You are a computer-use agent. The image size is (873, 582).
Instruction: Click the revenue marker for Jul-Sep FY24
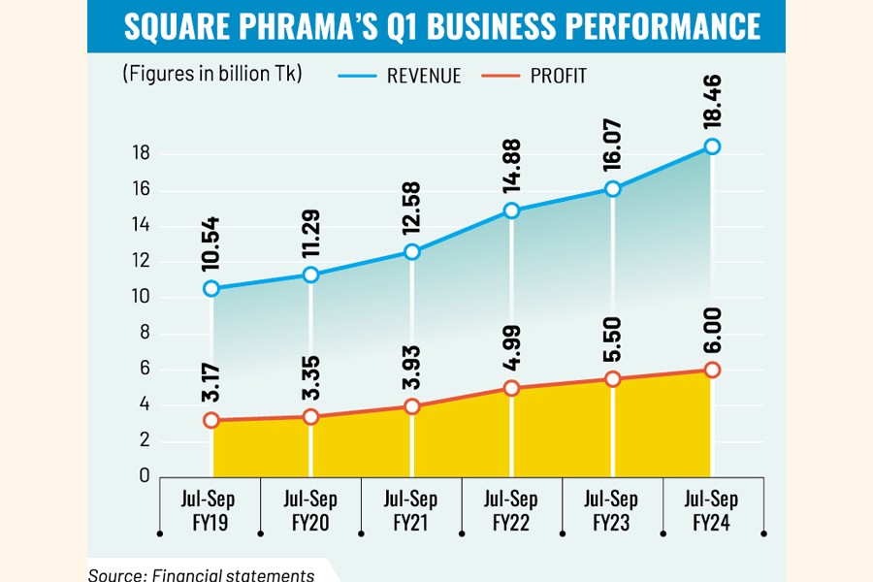tap(712, 146)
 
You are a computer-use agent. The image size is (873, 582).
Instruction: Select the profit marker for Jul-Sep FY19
tap(210, 421)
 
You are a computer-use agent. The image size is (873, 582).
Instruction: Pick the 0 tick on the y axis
tap(144, 476)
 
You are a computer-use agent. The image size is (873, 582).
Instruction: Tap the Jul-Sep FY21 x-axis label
tap(411, 510)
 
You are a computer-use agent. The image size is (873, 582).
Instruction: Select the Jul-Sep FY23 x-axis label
tap(611, 510)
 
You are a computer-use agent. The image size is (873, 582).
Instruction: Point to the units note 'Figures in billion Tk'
tap(212, 75)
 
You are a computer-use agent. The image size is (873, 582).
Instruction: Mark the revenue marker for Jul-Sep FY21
tap(411, 252)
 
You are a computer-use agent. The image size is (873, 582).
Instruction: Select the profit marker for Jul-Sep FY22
tap(512, 388)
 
